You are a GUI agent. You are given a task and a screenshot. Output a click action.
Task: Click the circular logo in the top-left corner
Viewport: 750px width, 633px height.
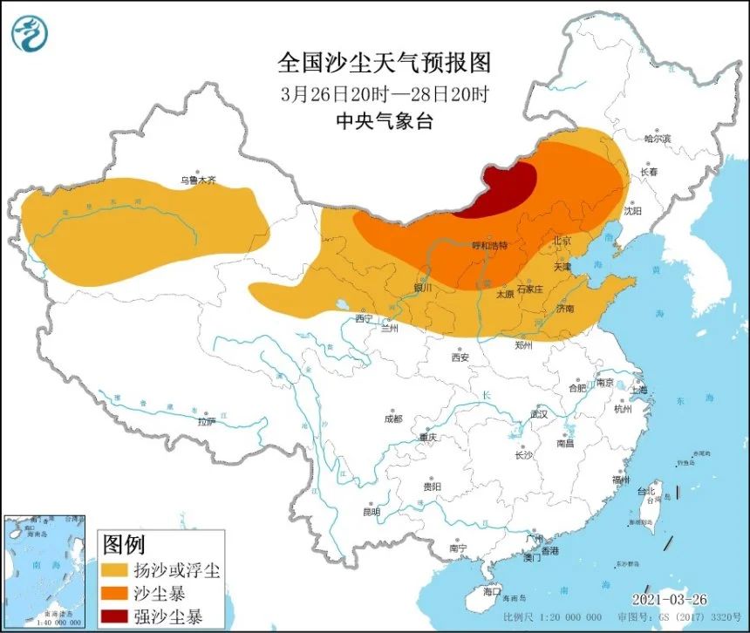[30, 33]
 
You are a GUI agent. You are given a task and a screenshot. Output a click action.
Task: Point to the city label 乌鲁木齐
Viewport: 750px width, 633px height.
[197, 180]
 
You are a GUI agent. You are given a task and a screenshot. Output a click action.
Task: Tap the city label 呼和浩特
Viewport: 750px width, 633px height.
[489, 246]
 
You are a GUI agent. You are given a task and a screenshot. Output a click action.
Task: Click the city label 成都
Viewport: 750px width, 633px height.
[393, 419]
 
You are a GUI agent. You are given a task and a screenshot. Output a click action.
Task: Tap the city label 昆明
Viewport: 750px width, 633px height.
[370, 512]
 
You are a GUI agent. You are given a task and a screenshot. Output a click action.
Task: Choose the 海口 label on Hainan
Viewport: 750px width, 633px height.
[492, 591]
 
